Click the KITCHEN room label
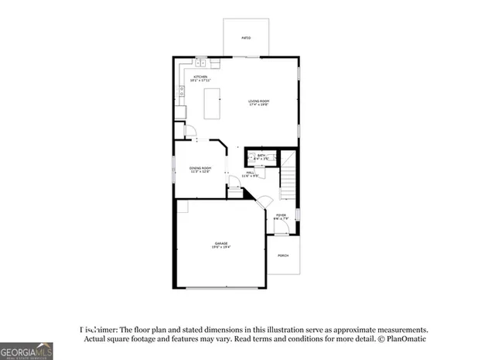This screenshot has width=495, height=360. [x=201, y=77]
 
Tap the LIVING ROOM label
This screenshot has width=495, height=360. [x=258, y=101]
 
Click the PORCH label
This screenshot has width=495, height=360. [x=283, y=256]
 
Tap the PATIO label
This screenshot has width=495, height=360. [x=246, y=37]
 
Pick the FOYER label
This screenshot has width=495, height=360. [x=281, y=214]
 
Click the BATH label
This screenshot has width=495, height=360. [x=261, y=156]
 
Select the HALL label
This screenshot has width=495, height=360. [x=251, y=173]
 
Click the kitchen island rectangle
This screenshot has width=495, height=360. [x=213, y=103]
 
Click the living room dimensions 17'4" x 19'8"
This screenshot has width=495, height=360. [x=258, y=105]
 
